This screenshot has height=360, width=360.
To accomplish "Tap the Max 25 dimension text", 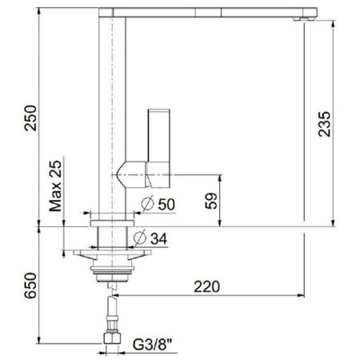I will pyautogui.click(x=54, y=184).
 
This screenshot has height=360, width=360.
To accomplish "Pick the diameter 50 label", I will pyautogui.click(x=165, y=204).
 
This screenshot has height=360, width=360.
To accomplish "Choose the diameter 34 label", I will pyautogui.click(x=158, y=238).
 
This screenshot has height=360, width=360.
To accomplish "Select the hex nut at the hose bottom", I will pyautogui.click(x=112, y=344).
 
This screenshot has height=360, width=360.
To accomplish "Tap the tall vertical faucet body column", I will pyautogui.click(x=112, y=104).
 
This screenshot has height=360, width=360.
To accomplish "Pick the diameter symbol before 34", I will pyautogui.click(x=139, y=238).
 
